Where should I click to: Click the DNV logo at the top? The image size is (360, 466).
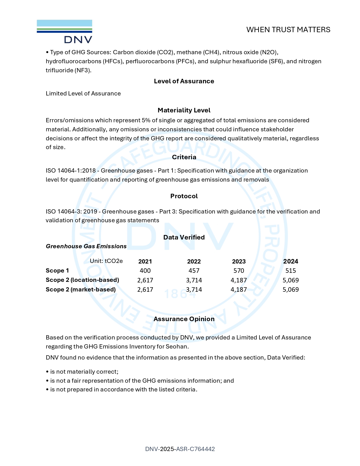point(64,31)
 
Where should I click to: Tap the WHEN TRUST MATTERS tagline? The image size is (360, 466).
point(288,30)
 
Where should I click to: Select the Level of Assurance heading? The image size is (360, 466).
point(184,81)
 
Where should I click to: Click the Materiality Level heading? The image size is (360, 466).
point(184,110)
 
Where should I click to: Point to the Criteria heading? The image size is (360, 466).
point(184,157)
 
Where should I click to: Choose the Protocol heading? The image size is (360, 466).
point(184,196)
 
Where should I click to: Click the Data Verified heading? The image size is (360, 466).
point(184,237)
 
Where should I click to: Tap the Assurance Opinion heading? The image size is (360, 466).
point(184,319)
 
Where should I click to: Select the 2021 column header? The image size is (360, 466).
point(145,262)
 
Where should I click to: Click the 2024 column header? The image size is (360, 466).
point(291,262)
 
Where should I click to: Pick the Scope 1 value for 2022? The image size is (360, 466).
point(194,271)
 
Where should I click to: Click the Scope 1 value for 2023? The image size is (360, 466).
point(239,271)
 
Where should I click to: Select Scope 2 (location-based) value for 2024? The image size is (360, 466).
point(291,280)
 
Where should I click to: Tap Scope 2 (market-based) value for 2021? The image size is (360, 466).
point(145,289)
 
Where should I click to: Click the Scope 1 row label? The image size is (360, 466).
point(57,271)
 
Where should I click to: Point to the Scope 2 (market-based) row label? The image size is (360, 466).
point(81,289)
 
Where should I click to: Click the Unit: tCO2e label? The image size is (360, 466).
point(106,261)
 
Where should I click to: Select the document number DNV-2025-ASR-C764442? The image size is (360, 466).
point(180,449)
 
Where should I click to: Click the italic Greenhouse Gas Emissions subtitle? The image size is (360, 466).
point(86,246)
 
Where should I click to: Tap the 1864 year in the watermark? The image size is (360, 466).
point(180,295)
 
